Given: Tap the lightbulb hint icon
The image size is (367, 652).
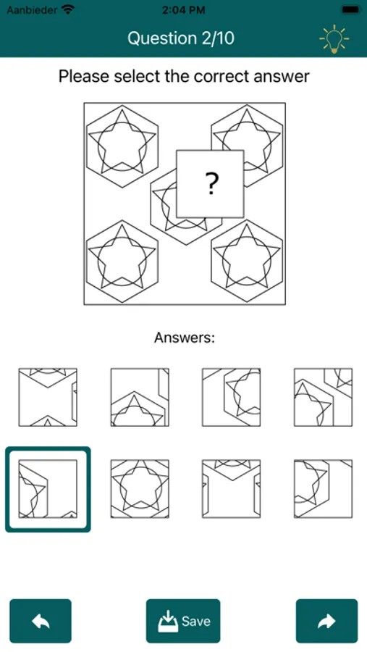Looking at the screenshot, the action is point(334,39).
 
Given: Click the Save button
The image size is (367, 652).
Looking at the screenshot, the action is point(183,621).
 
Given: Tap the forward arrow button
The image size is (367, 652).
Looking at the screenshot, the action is point(326,621).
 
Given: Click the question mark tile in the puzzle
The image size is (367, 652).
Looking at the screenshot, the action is point(210,184).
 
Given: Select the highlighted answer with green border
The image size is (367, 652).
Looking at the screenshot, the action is point(48,489).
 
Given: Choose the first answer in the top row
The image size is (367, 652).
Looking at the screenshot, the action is point(48,397).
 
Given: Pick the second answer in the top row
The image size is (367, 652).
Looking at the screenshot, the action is point(140,397).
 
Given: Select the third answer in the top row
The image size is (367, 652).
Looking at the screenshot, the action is point(232,397).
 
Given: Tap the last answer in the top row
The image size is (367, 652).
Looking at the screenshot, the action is point(324,397).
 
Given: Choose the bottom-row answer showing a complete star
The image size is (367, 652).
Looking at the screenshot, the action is point(140,489).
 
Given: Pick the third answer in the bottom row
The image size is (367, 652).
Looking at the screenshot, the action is point(232,489).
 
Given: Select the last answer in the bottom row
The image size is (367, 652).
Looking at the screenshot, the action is point(324,489).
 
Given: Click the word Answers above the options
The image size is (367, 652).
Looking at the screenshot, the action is point(185,338).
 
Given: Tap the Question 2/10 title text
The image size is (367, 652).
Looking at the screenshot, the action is point(181,38).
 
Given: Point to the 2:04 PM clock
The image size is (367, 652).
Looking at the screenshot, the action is point(183,10).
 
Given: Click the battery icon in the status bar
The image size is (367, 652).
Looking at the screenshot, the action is point(351,9).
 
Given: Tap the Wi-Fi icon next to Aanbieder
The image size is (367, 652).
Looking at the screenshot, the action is point(68,9).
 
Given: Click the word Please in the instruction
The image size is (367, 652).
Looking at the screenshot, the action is point(85,77).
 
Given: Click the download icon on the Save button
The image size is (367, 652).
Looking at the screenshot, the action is point(168,622).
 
